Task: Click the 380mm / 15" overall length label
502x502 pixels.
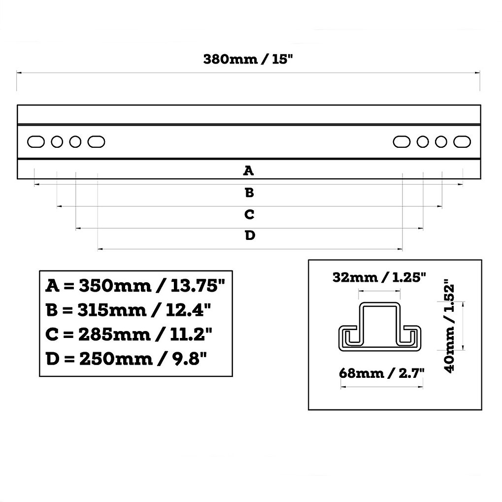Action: pos(248,59)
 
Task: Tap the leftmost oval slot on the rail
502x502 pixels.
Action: pos(35,142)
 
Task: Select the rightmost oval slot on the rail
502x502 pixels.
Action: pos(462,142)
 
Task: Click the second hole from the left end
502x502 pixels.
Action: pos(57,142)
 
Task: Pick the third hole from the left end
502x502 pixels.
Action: pos(75,142)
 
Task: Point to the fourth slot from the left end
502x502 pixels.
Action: pos(97,142)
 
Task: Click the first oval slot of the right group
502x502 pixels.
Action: pos(402,142)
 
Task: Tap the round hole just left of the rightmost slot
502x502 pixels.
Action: pos(441,142)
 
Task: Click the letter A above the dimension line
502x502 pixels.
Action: pos(249,171)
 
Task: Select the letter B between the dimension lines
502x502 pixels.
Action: pos(249,193)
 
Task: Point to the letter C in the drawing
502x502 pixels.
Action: pos(249,215)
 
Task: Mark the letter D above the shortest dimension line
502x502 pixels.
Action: pos(250,236)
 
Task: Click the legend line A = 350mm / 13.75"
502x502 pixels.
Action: pos(135,285)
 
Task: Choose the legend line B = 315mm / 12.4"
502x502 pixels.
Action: pos(129,310)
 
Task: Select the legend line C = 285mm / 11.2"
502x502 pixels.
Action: pos(129,334)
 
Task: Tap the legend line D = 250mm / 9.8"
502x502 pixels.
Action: pos(126,358)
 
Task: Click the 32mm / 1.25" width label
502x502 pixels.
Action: pos(379,277)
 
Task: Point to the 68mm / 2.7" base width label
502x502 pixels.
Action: pos(381,373)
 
